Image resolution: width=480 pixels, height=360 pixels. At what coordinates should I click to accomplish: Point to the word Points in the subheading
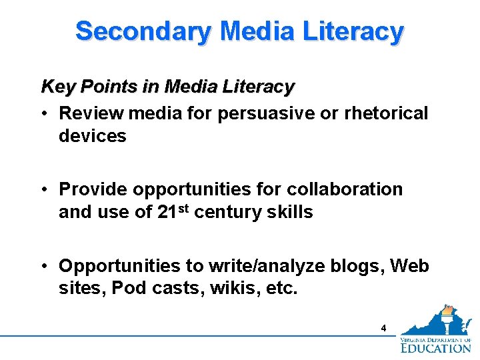pyautogui.click(x=101, y=87)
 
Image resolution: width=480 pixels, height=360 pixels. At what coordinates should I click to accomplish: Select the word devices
pyautogui.click(x=93, y=136)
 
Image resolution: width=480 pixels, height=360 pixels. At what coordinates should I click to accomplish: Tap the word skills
pyautogui.click(x=290, y=213)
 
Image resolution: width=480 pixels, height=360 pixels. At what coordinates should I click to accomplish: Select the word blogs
pyautogui.click(x=351, y=266)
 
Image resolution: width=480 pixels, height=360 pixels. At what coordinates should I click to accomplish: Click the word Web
pyautogui.click(x=409, y=266)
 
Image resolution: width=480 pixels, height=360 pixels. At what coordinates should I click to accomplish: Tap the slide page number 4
pyautogui.click(x=383, y=328)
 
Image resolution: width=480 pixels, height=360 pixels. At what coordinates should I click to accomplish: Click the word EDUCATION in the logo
pyautogui.click(x=436, y=347)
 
